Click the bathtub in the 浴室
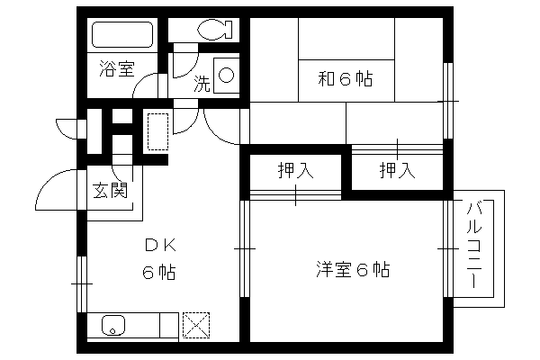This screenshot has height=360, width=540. pyautogui.click(x=122, y=34)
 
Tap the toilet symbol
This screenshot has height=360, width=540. pyautogui.click(x=216, y=30)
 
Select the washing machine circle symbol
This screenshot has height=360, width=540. pyautogui.click(x=226, y=75)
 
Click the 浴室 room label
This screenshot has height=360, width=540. pyautogui.click(x=117, y=68)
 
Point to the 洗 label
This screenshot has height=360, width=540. pyautogui.click(x=202, y=84)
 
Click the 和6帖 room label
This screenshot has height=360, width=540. pyautogui.click(x=346, y=79)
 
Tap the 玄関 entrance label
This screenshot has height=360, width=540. pyautogui.click(x=110, y=190)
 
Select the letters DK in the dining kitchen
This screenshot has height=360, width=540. pyautogui.click(x=160, y=246)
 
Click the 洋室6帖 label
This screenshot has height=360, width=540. pyautogui.click(x=354, y=269)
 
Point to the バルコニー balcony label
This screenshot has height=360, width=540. pyautogui.click(x=474, y=246)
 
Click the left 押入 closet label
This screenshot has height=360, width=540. pyautogui.click(x=295, y=170)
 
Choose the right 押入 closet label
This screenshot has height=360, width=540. pyautogui.click(x=397, y=170)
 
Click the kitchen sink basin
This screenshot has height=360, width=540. pyautogui.click(x=113, y=325)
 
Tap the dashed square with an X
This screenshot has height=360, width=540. pyautogui.click(x=196, y=325)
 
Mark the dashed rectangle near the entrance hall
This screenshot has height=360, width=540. pyautogui.click(x=158, y=131)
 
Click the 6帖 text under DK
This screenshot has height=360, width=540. pyautogui.click(x=159, y=273)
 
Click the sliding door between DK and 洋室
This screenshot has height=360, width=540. pyautogui.click(x=245, y=248)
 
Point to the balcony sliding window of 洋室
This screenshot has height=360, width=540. pyautogui.click(x=447, y=248)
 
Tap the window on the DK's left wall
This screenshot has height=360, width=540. pyautogui.click(x=82, y=283)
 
